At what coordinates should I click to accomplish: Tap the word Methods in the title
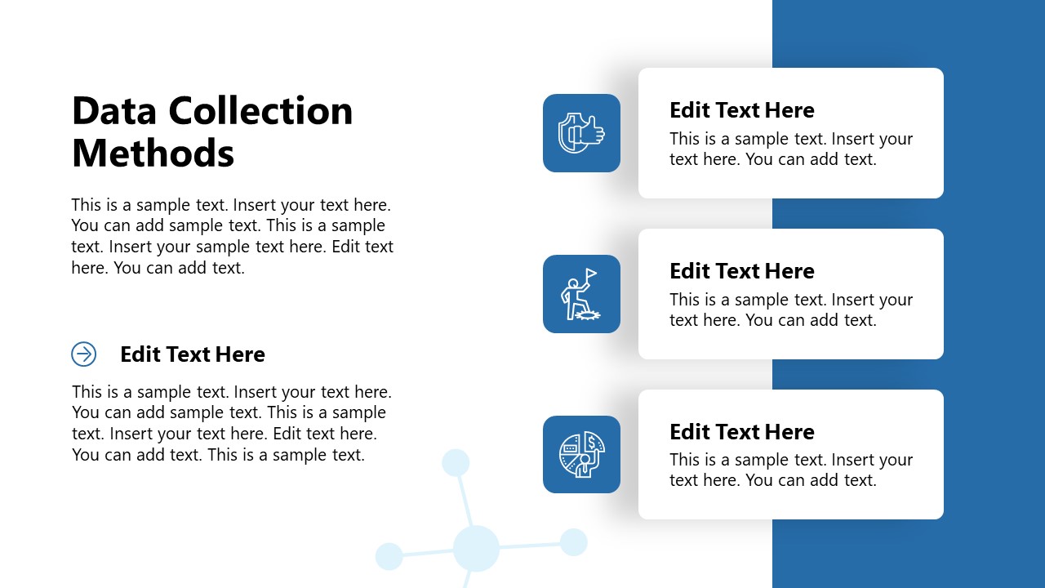153,154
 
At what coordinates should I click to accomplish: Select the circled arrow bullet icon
84,354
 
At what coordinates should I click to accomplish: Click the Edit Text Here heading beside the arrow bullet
193,354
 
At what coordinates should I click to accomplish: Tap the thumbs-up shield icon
581,133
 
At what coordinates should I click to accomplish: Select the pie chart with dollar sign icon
581,455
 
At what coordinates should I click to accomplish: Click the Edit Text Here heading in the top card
741,110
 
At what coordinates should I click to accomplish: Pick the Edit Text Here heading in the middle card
741,271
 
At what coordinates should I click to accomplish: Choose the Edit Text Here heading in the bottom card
741,432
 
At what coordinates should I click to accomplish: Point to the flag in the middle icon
591,274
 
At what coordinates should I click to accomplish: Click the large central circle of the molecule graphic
476,548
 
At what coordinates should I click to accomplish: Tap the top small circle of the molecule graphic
456,462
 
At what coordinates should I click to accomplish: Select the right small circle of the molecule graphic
574,541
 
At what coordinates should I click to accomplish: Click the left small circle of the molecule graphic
389,556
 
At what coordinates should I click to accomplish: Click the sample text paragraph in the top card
790,149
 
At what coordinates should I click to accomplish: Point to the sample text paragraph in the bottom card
790,470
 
